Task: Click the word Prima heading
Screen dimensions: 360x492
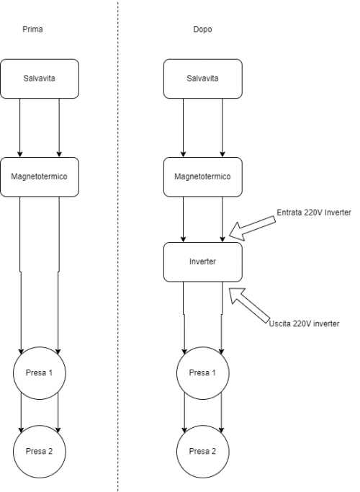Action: click(32, 30)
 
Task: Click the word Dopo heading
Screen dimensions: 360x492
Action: click(202, 30)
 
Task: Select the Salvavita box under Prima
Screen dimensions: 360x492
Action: click(40, 79)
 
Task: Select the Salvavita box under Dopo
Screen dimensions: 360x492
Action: click(203, 79)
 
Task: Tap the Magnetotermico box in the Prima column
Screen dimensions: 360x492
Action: click(40, 177)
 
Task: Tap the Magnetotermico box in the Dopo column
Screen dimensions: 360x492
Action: click(203, 177)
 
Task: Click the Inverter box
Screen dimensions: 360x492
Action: click(203, 262)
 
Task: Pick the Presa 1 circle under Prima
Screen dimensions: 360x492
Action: click(40, 372)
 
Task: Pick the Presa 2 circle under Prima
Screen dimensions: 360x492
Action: click(40, 452)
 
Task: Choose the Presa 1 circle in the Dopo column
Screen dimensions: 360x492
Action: click(203, 372)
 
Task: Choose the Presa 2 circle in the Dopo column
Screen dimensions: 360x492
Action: click(203, 452)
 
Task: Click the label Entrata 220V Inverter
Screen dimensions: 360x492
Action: click(314, 213)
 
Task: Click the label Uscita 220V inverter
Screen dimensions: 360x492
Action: click(304, 323)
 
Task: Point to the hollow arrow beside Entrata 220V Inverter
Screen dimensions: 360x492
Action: click(252, 228)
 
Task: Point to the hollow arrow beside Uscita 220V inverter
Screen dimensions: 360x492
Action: click(249, 305)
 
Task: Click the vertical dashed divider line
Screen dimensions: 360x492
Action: click(118, 246)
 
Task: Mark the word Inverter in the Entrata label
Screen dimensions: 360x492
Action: click(338, 213)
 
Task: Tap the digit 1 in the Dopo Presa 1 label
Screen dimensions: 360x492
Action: click(214, 372)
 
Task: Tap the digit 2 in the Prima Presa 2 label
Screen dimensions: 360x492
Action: click(50, 452)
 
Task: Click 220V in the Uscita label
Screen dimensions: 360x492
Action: click(302, 323)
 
